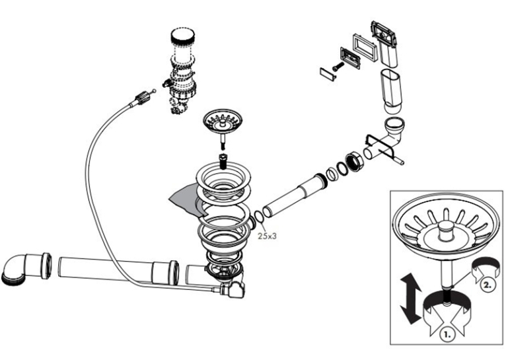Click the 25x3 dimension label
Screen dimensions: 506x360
click(267, 236)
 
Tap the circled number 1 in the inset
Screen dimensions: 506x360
click(447, 334)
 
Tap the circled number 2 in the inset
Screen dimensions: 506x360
click(488, 285)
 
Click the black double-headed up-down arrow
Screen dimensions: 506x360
click(410, 298)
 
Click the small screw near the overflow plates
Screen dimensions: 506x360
click(338, 67)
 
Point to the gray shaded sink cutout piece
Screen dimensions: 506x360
click(184, 200)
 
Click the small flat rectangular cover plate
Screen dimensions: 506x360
click(328, 74)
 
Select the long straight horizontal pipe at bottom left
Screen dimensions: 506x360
click(118, 270)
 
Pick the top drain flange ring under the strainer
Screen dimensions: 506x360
click(224, 180)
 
